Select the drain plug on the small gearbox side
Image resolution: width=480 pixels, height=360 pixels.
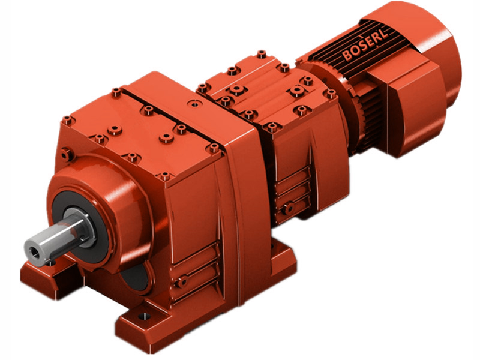pyautogui.click(x=289, y=208)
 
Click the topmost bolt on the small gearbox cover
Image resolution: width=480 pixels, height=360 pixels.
pyautogui.click(x=261, y=55)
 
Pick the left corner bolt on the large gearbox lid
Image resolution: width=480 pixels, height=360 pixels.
pyautogui.click(x=68, y=121)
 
